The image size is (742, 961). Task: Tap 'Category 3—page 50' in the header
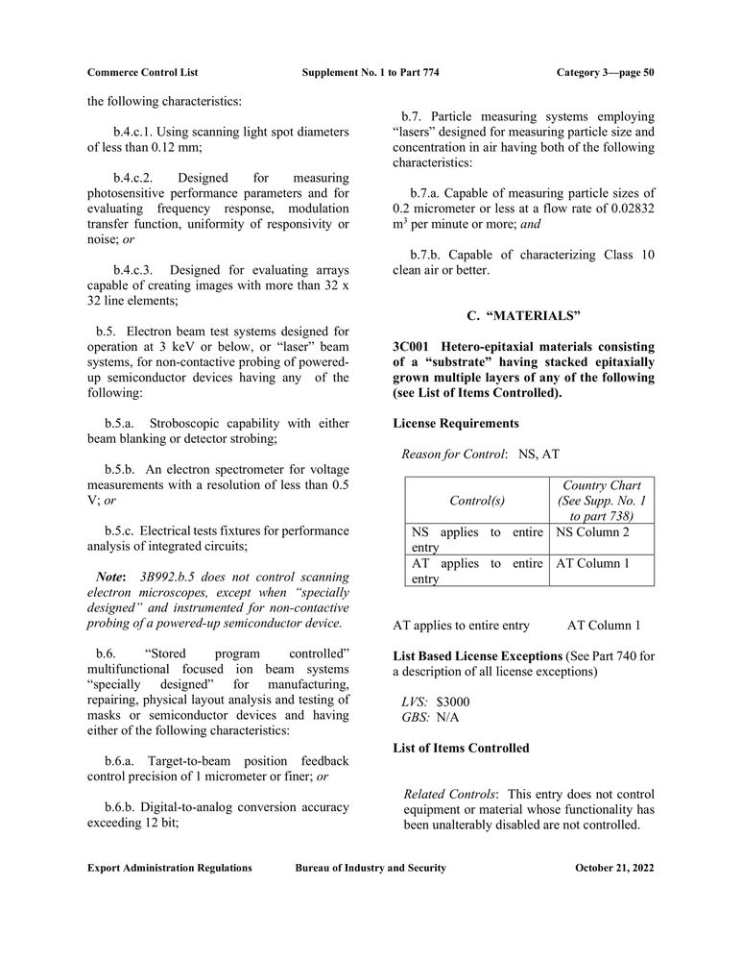[x=605, y=73]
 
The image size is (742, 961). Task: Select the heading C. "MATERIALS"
[x=523, y=315]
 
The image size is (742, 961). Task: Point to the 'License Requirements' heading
[x=456, y=423]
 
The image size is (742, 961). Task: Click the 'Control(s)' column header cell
[x=477, y=501]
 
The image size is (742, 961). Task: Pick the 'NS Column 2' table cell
[x=593, y=531]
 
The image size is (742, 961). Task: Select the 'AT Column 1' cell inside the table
[x=593, y=563]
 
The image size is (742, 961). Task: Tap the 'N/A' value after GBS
[x=447, y=717]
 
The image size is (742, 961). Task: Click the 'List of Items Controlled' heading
[x=461, y=748]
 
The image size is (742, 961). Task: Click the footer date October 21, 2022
[x=614, y=868]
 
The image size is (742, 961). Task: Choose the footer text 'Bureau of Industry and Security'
[x=371, y=868]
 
